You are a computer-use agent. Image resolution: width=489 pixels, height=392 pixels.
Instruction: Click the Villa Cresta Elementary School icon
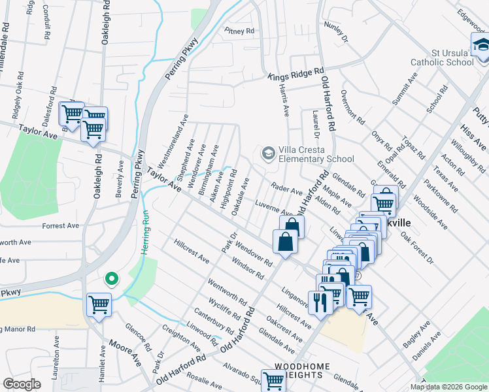[267, 154]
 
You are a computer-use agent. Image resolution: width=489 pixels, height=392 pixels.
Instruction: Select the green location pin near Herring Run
[112, 279]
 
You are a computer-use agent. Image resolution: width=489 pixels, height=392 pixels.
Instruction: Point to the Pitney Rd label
[239, 31]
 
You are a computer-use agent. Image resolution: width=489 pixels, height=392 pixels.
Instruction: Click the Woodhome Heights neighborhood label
[299, 370]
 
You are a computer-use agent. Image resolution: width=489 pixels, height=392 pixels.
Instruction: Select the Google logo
[22, 384]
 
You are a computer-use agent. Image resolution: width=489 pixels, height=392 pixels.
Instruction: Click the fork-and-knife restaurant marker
[320, 301]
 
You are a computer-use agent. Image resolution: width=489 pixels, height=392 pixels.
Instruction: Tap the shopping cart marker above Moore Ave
[99, 304]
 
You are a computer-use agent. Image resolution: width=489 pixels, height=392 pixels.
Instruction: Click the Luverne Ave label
[273, 208]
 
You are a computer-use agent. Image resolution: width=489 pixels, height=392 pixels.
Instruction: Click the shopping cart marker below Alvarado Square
[273, 380]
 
